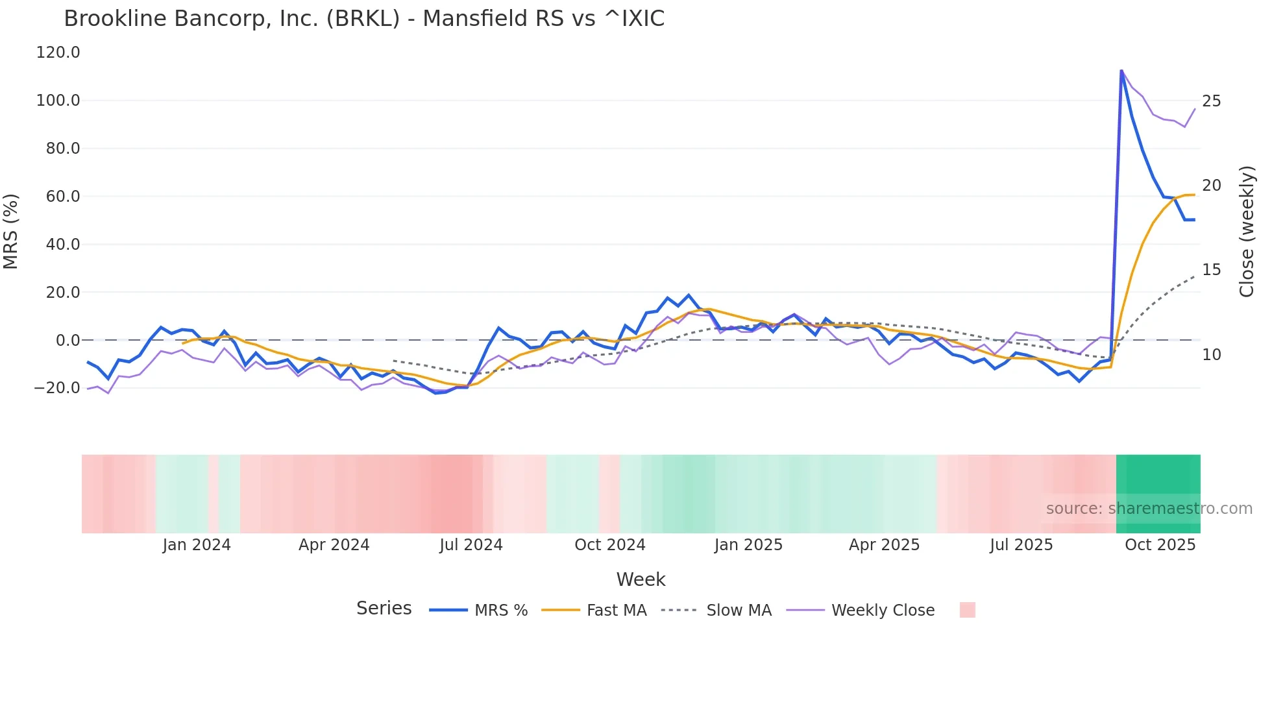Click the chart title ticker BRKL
pos(363,19)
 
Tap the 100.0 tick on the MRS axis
pos(58,101)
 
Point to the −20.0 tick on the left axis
pos(56,388)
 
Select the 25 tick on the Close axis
pos(1211,101)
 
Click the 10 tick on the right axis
pos(1211,355)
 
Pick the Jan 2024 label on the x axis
pos(196,545)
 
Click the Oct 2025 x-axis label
pos(1160,545)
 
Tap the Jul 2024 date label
pos(471,545)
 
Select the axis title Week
pos(641,579)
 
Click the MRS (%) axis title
pos(11,231)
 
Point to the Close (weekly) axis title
pos(1247,232)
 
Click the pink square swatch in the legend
pos(967,610)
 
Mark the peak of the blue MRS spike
pos(1121,70)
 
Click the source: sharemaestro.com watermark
pos(1149,509)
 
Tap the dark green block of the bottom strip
pos(1158,480)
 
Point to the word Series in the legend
pos(384,609)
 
